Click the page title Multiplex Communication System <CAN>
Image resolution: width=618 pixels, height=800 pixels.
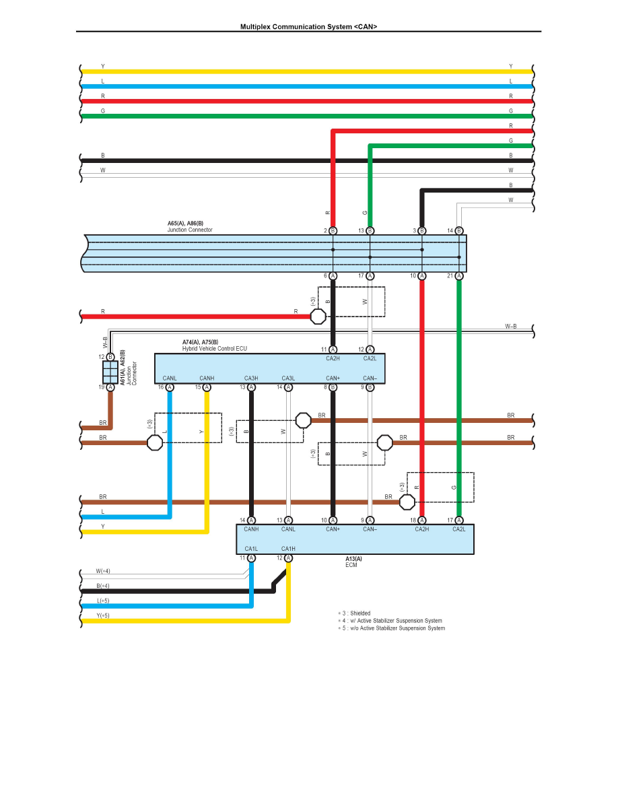[x=309, y=27]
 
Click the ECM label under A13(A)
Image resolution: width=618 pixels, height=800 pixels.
[x=351, y=565]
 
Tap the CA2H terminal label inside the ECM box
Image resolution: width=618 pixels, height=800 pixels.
[x=421, y=529]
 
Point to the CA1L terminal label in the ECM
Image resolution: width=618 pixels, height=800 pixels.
[x=251, y=548]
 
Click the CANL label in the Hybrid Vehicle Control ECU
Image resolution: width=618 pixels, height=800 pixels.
[x=170, y=378]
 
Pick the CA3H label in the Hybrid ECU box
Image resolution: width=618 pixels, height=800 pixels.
[x=251, y=378]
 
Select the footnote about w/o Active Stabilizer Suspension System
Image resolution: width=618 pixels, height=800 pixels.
[x=391, y=628]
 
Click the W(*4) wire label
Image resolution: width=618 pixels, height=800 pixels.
[x=103, y=571]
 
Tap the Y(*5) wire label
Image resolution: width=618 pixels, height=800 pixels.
[x=103, y=615]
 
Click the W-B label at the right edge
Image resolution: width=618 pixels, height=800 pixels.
[x=511, y=326]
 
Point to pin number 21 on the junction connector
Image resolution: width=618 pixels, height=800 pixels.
[x=450, y=275]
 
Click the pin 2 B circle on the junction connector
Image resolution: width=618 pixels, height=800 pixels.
[x=333, y=230]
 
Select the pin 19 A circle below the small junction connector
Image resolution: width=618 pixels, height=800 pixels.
[x=110, y=387]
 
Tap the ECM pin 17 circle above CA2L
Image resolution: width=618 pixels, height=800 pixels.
[x=459, y=520]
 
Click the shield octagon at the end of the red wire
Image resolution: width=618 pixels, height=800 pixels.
[x=318, y=316]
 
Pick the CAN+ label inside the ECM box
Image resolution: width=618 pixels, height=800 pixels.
[x=333, y=529]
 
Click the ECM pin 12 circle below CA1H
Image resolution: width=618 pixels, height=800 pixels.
[x=288, y=558]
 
